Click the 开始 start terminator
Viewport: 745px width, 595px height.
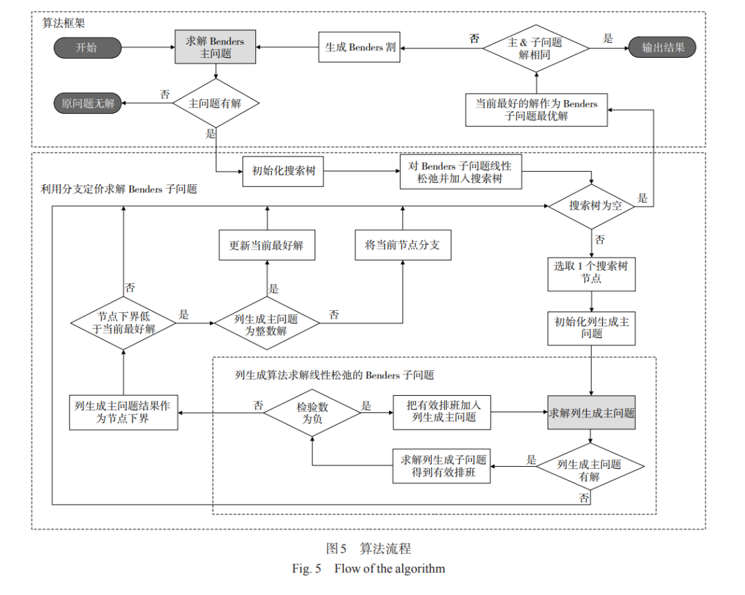[88, 48]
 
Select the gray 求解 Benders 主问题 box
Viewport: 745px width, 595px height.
[215, 47]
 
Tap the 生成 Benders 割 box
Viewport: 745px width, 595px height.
[359, 47]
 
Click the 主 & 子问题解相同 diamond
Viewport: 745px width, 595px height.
[536, 48]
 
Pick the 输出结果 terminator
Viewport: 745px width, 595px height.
[662, 48]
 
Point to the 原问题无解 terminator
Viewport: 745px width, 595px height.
[88, 103]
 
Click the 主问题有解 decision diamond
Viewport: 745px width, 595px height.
[216, 103]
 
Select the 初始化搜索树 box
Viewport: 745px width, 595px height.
[284, 171]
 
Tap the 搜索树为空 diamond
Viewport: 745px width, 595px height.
[592, 206]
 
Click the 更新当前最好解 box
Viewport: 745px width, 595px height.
[266, 245]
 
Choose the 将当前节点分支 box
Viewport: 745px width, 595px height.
[403, 245]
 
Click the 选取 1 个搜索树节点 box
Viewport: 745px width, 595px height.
[592, 274]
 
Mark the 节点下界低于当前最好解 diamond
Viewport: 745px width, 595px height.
[123, 323]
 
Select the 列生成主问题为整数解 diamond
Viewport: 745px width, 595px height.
[266, 323]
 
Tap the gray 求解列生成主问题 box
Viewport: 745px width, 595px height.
[592, 413]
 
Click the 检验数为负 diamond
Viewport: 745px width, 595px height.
[312, 413]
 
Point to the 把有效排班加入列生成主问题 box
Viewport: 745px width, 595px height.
[442, 412]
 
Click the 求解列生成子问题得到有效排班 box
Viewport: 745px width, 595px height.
[441, 466]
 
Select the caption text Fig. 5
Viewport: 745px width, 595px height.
[306, 568]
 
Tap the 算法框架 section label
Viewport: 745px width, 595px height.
[63, 23]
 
